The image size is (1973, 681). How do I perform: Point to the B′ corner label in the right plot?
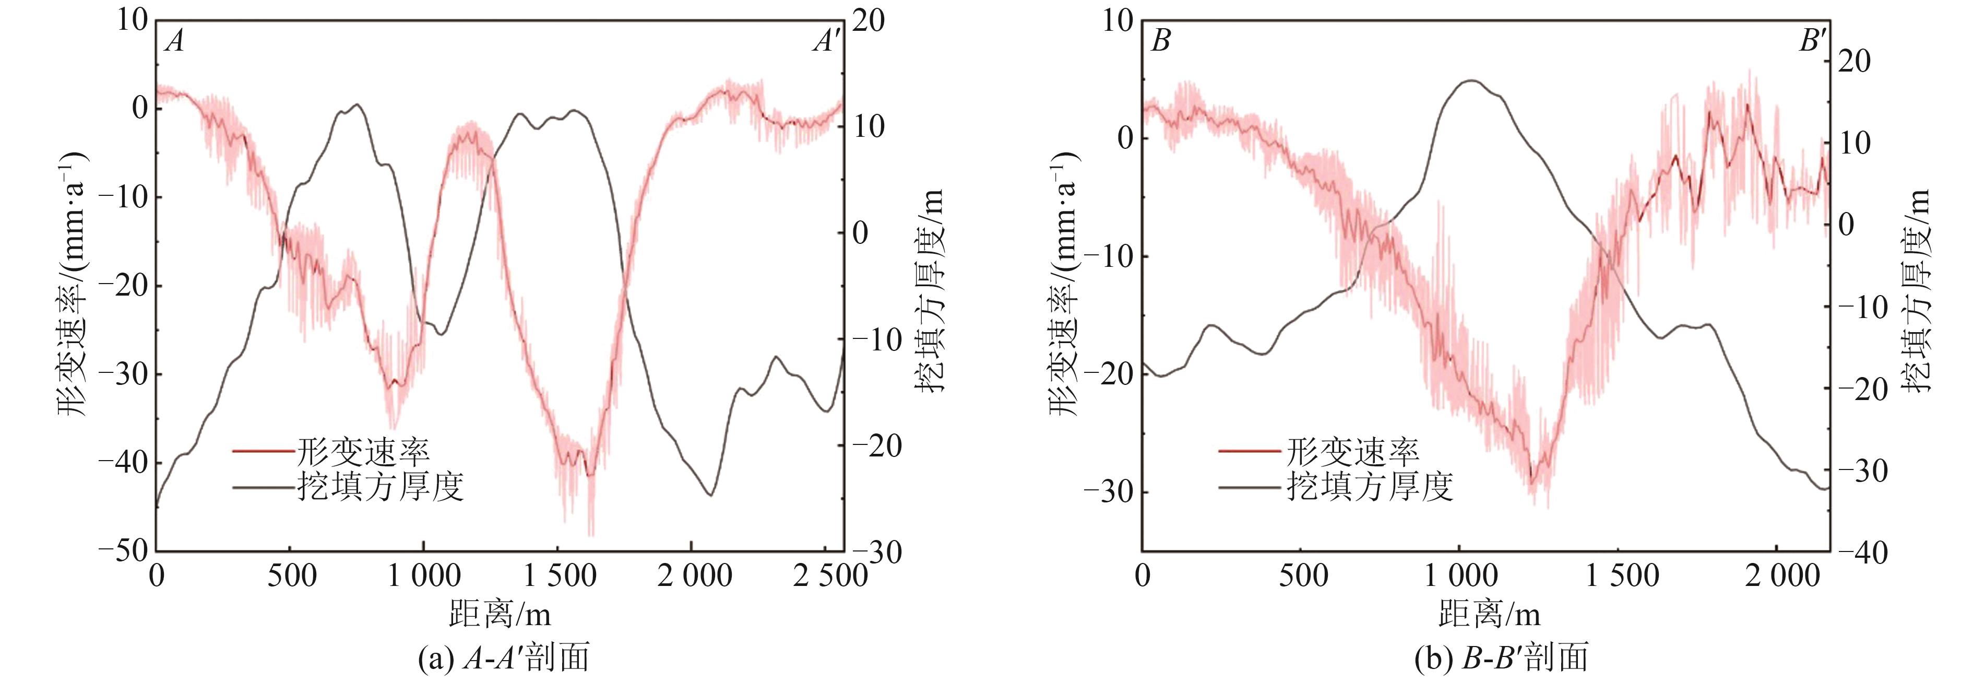(x=1812, y=41)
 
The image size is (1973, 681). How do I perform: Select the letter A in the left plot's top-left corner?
(x=175, y=41)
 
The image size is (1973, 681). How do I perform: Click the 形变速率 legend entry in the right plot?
(x=1352, y=452)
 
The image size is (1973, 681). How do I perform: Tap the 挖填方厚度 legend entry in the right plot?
(x=1370, y=486)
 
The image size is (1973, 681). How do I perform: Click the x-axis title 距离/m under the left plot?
(x=500, y=614)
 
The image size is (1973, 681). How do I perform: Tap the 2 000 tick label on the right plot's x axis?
(x=1781, y=576)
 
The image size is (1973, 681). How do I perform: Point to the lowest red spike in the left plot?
(x=590, y=535)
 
